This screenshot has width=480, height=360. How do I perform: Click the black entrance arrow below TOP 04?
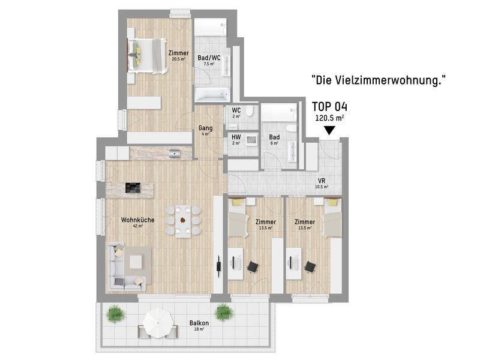(329, 131)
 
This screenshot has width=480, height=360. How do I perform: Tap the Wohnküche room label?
(137, 220)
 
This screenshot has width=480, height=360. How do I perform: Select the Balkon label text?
(199, 323)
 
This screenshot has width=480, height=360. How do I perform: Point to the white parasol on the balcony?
(158, 323)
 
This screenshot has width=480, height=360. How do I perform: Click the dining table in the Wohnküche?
(183, 221)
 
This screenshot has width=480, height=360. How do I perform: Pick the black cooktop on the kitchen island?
(133, 188)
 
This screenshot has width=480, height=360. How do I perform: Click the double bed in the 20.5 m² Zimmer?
(148, 56)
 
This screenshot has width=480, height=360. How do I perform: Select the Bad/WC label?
(209, 58)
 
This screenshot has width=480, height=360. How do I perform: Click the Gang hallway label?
(205, 128)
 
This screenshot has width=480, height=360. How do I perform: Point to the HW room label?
(236, 137)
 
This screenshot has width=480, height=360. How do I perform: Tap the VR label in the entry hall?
(322, 181)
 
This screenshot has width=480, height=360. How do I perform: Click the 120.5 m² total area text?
(329, 118)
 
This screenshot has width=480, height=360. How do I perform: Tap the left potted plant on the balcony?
(115, 313)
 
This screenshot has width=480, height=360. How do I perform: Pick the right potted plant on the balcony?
(224, 312)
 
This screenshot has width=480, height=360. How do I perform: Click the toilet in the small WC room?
(250, 112)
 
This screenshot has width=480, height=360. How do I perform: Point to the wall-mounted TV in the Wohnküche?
(219, 266)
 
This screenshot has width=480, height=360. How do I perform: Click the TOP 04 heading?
(329, 107)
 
